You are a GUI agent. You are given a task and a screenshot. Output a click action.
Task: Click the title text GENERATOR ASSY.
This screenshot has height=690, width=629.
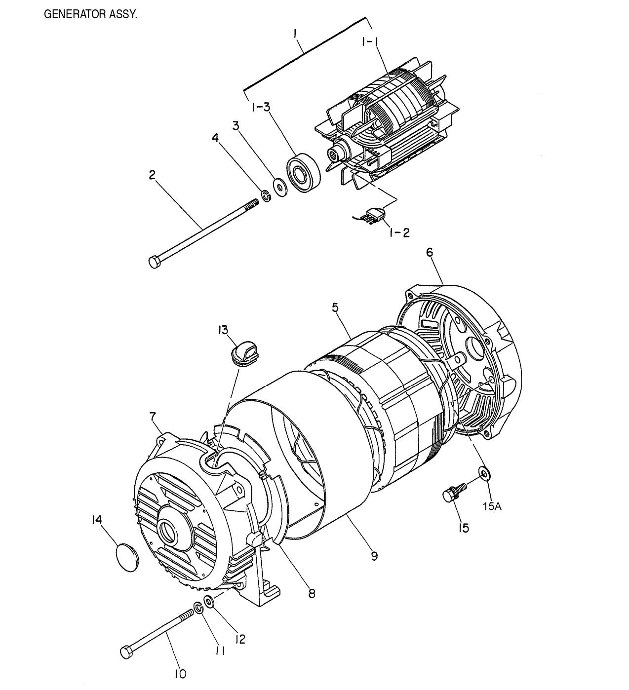point(91,14)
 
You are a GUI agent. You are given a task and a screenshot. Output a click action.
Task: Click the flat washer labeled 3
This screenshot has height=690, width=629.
point(280,188)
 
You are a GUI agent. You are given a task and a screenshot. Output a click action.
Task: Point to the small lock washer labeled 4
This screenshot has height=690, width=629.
point(266,196)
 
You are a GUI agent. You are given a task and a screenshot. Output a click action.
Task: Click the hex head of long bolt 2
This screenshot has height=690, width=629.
point(154,262)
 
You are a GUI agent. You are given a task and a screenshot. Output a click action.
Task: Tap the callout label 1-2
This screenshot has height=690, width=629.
point(399,232)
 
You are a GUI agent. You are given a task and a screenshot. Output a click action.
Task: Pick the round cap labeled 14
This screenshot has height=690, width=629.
point(127,558)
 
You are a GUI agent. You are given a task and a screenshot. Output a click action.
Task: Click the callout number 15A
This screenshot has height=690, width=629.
point(492,506)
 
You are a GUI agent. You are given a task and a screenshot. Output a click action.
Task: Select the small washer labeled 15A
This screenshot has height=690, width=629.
point(484,474)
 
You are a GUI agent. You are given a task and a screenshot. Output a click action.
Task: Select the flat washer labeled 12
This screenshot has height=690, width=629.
point(209,602)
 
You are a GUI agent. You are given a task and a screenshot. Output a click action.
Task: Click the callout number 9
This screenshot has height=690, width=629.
point(374,556)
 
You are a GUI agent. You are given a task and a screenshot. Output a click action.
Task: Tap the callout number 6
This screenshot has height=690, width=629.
point(430,252)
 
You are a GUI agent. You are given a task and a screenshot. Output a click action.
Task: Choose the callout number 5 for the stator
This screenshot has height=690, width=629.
point(335,307)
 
